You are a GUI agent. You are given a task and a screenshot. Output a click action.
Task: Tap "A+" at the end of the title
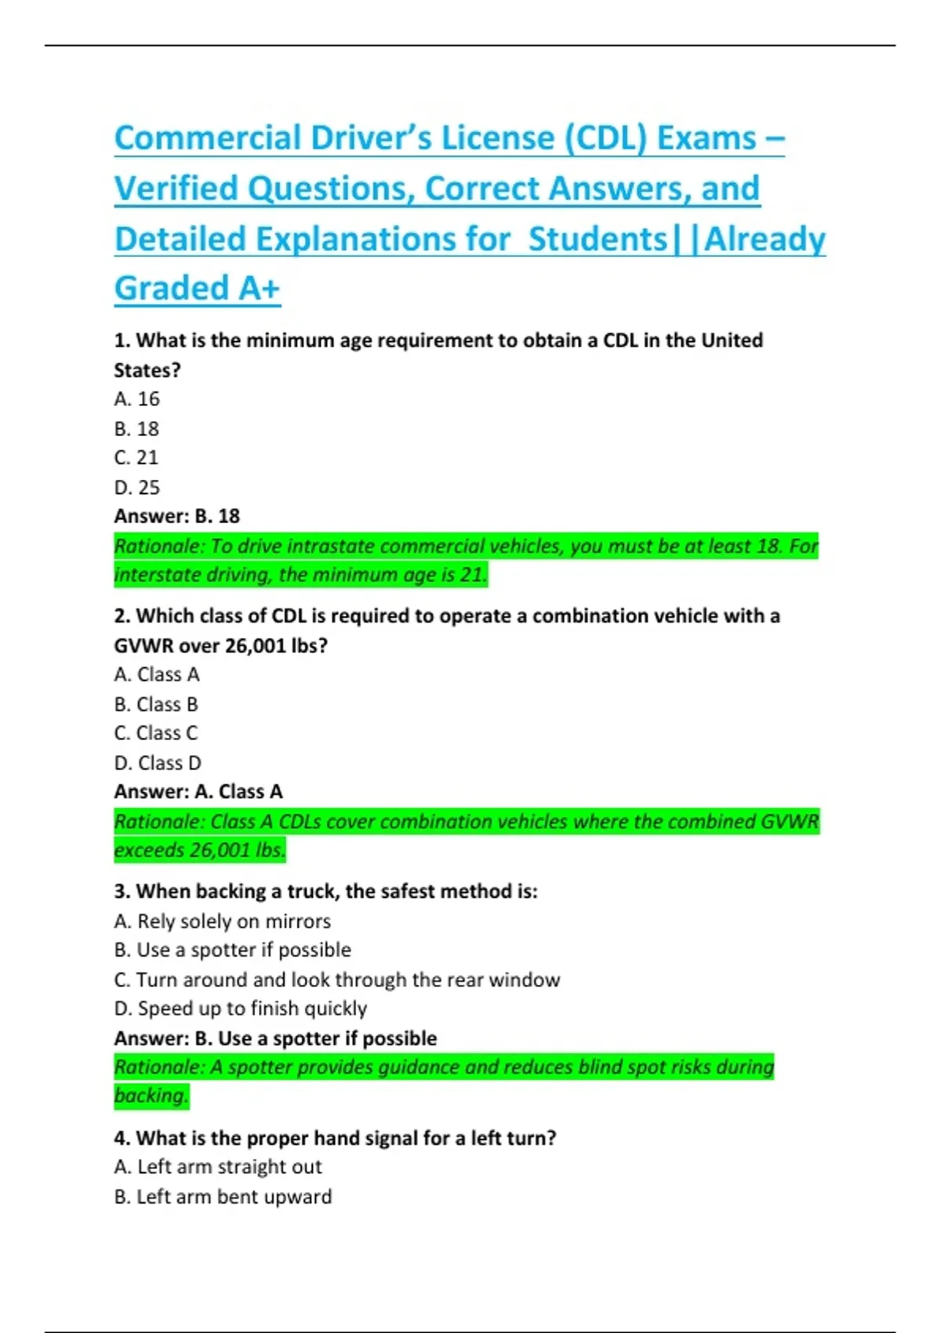click(x=260, y=289)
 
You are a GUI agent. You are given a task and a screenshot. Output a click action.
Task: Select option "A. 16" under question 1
click(x=136, y=399)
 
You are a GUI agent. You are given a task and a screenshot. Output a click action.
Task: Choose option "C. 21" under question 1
click(x=136, y=457)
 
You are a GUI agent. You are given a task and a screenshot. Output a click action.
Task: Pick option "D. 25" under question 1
click(x=137, y=487)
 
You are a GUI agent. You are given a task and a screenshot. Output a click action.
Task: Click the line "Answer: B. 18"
click(x=177, y=516)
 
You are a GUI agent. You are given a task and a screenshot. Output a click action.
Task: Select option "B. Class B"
click(x=156, y=704)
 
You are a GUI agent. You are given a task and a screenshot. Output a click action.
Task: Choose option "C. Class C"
click(x=156, y=733)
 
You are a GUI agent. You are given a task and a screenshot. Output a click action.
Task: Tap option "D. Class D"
click(x=158, y=763)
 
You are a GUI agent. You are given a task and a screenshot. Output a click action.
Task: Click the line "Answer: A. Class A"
click(x=198, y=792)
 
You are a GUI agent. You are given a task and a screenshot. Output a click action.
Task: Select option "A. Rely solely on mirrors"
click(x=223, y=921)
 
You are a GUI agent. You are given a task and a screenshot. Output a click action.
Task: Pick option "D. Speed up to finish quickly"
click(x=241, y=1008)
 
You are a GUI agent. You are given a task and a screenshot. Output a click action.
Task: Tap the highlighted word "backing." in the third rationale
click(x=151, y=1095)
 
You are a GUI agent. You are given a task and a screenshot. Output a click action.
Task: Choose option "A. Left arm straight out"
click(x=218, y=1167)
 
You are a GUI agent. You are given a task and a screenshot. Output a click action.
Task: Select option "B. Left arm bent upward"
click(x=223, y=1197)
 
